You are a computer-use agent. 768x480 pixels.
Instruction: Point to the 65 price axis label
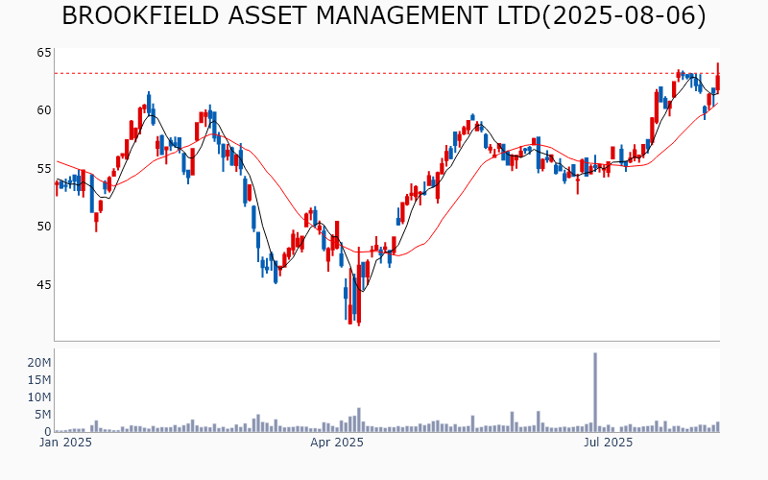pyautogui.click(x=43, y=52)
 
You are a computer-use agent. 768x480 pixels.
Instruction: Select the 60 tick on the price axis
pyautogui.click(x=43, y=110)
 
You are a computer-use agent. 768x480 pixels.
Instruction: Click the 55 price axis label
pyautogui.click(x=43, y=168)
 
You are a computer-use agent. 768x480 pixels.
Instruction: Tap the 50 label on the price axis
pyautogui.click(x=43, y=227)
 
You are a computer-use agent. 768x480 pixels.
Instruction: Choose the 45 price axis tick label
pyautogui.click(x=43, y=284)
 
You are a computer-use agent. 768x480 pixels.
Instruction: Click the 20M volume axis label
pyautogui.click(x=39, y=363)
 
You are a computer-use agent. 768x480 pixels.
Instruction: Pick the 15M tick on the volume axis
pyautogui.click(x=39, y=380)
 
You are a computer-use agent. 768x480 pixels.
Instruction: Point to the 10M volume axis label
pyautogui.click(x=39, y=397)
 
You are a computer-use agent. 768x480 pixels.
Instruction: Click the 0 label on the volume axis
pyautogui.click(x=47, y=431)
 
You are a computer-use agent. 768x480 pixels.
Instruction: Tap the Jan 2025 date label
pyautogui.click(x=65, y=443)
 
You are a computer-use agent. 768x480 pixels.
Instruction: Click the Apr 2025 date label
pyautogui.click(x=336, y=443)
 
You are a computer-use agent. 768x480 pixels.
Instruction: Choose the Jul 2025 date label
pyautogui.click(x=609, y=443)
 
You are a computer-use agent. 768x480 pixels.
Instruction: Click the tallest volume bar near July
pyautogui.click(x=595, y=392)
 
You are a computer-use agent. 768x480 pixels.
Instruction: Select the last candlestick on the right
pyautogui.click(x=717, y=81)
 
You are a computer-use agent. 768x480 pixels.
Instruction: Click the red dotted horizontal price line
pyautogui.click(x=384, y=73)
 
